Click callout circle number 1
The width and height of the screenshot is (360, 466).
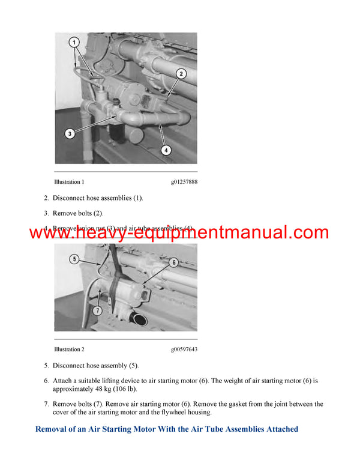point(73,43)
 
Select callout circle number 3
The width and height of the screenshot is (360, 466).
point(70,133)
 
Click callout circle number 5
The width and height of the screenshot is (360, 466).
point(74,260)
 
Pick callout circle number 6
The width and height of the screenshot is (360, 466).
point(173,262)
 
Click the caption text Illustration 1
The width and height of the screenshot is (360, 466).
point(69,182)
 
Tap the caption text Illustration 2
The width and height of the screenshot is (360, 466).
point(69,349)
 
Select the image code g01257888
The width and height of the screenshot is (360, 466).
point(184,182)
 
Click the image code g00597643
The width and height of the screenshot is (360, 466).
point(184,349)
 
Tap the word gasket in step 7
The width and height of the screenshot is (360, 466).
point(236,404)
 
